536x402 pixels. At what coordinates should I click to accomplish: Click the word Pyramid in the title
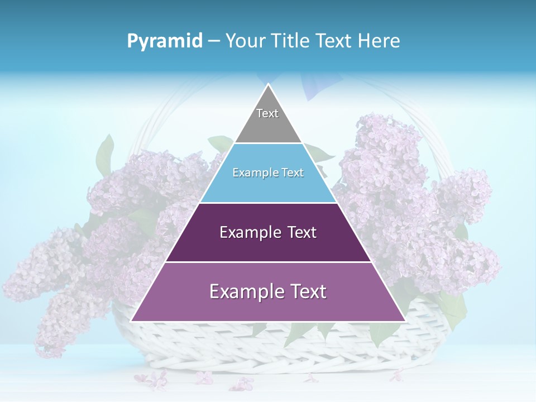click(x=165, y=41)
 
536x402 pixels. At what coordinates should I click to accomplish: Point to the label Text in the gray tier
click(x=267, y=113)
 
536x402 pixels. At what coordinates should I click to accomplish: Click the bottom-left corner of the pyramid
click(x=132, y=321)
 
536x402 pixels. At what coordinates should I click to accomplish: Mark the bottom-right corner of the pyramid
click(x=405, y=321)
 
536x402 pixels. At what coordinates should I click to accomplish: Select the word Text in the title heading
click(x=333, y=41)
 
